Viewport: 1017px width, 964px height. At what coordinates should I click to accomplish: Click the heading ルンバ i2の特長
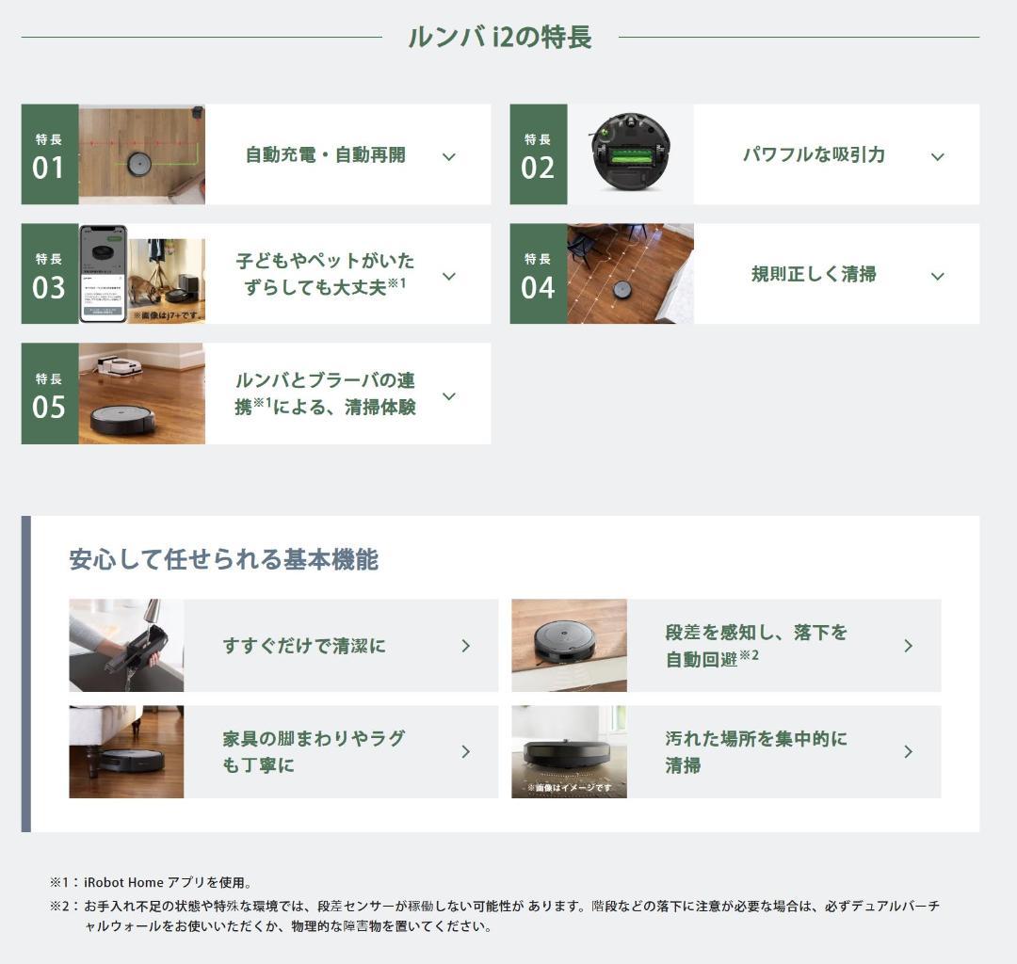coord(499,38)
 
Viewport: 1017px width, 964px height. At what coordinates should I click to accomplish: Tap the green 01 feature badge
coord(49,154)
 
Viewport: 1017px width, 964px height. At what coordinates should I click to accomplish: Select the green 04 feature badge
coord(538,274)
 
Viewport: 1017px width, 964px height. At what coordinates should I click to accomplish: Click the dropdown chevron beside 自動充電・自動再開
coord(449,156)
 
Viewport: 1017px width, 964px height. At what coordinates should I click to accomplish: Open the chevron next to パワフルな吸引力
coord(937,156)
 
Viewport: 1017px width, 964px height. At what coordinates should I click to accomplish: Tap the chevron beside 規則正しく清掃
coord(937,276)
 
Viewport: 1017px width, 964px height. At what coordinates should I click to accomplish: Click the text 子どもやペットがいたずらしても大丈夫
coord(324,274)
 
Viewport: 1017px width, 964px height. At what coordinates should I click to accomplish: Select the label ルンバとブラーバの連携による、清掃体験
coord(325,394)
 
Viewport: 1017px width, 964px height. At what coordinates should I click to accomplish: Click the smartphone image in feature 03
coord(103,274)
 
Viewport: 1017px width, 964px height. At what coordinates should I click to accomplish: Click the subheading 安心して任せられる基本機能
coord(223,559)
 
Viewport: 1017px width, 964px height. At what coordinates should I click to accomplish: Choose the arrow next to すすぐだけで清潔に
coord(465,646)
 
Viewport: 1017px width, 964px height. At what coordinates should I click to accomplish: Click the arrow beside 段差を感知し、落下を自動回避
coord(908,646)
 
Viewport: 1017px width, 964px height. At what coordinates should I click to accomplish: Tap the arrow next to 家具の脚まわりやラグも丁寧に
coord(465,751)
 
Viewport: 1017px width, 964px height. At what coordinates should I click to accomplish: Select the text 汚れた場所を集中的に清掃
coord(755,751)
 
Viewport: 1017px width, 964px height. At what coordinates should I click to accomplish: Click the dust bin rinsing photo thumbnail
coord(126,646)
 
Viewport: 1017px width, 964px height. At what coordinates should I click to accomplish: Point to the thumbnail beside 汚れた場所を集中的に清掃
coord(569,751)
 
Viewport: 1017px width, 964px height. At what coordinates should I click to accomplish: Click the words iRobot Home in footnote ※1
coord(123,883)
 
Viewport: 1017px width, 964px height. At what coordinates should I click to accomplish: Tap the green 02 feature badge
coord(538,154)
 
